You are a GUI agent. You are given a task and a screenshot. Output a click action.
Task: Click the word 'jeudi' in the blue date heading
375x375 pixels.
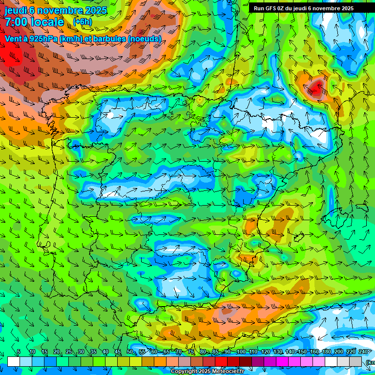(16, 10)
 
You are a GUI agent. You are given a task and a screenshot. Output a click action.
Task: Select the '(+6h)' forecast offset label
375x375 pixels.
(82, 21)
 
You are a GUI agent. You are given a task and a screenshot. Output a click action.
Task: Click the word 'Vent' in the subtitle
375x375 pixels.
(13, 39)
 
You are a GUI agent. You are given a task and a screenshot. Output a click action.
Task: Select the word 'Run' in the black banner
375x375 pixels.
(259, 8)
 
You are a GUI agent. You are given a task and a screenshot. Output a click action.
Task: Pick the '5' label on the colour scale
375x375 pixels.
(19, 352)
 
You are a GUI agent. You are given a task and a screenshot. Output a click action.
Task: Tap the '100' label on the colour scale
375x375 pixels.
(241, 352)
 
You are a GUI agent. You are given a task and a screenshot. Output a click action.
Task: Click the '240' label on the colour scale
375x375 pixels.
(363, 352)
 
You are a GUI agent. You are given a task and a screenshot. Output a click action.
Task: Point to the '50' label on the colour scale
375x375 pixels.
(130, 352)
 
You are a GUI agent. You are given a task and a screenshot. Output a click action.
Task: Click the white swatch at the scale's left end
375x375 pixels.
(14, 361)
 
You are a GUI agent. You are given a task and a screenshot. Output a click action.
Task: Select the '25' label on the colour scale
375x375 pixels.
(69, 352)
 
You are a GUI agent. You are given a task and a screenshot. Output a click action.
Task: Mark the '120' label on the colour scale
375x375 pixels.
(265, 352)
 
